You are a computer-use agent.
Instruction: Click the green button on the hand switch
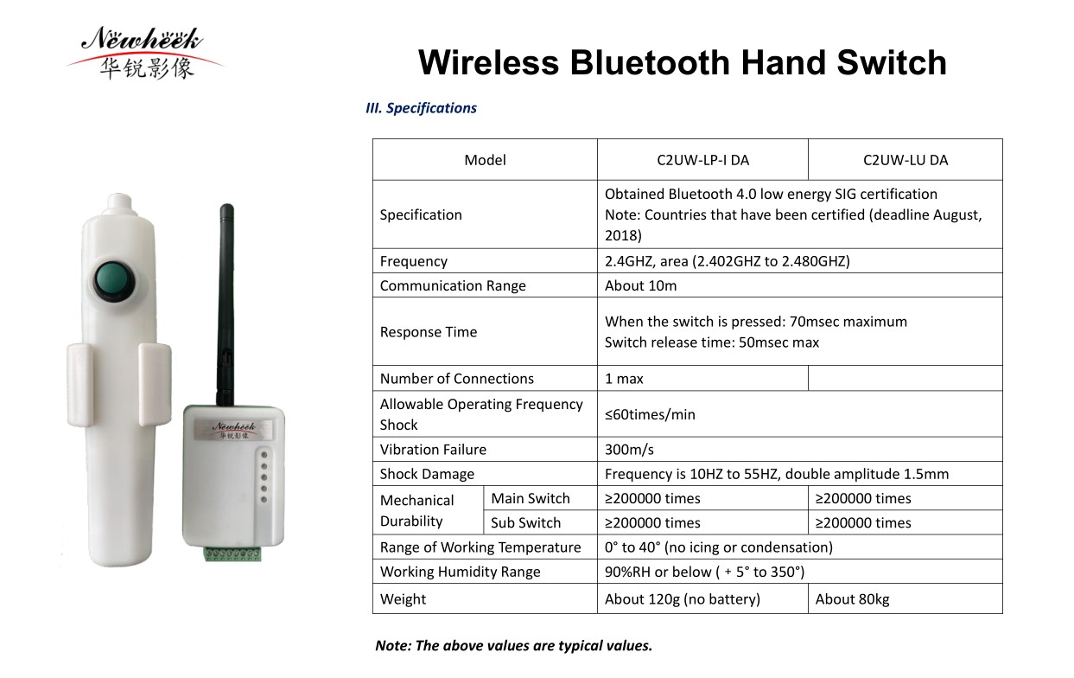[x=114, y=281]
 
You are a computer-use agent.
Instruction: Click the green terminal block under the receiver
[x=232, y=553]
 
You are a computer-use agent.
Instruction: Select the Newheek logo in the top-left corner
[x=143, y=52]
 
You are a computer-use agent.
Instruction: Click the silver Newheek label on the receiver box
[x=233, y=430]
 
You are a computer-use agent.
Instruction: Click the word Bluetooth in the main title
[x=650, y=62]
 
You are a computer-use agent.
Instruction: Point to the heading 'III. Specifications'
[x=421, y=108]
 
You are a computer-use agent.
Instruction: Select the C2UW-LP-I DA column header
[x=702, y=160]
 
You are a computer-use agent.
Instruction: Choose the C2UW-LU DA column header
[x=906, y=160]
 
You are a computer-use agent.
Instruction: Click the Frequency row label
[x=413, y=261]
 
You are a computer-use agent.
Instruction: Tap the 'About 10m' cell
[x=640, y=285]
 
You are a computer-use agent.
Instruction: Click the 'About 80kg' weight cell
[x=852, y=598]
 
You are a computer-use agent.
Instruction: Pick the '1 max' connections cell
[x=624, y=379]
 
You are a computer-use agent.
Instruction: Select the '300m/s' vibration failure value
[x=629, y=450]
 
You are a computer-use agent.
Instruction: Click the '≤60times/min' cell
[x=650, y=414]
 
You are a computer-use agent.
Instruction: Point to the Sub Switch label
[x=525, y=522]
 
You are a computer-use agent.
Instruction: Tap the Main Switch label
[x=531, y=498]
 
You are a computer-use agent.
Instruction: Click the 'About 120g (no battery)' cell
[x=683, y=598]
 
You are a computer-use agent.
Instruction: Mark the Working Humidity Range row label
[x=460, y=572]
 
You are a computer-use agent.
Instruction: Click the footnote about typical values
[x=513, y=645]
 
